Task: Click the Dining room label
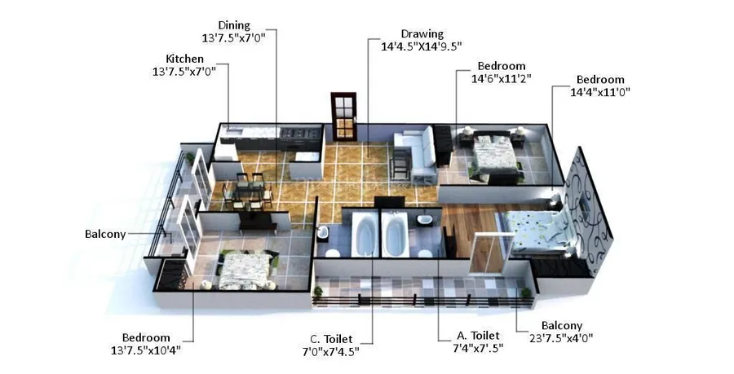click(x=234, y=25)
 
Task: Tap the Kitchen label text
click(x=185, y=59)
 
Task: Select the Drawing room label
click(x=422, y=33)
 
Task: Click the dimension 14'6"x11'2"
click(x=501, y=78)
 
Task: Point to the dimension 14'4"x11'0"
click(x=599, y=92)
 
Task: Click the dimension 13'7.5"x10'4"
click(x=146, y=350)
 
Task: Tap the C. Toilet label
click(x=331, y=339)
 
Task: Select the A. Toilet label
click(x=478, y=336)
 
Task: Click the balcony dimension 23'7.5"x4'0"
click(x=562, y=338)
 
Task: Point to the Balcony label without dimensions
click(x=105, y=234)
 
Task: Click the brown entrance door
click(x=343, y=117)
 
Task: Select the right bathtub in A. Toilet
click(x=395, y=234)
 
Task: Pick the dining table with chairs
click(x=246, y=191)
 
